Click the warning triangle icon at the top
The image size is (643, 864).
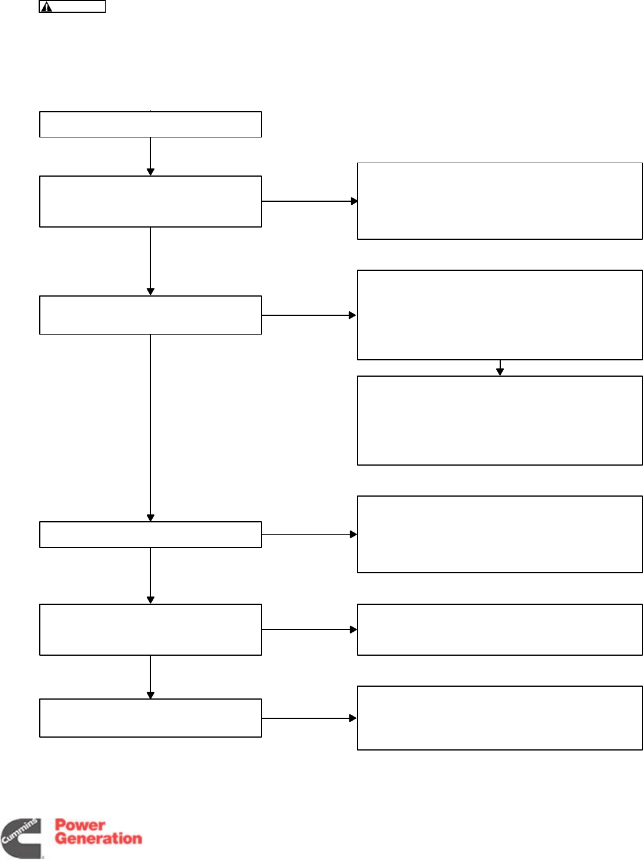pos(47,7)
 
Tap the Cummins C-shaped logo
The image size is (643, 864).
pos(22,838)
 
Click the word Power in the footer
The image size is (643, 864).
pos(80,825)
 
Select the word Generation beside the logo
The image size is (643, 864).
pos(98,838)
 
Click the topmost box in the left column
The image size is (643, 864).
pos(150,124)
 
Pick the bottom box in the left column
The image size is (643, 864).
pos(150,718)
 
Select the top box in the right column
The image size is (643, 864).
pos(500,201)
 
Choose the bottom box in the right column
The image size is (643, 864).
pos(500,718)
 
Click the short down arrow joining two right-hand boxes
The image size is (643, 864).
pos(500,368)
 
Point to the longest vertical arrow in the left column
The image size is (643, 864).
pos(150,427)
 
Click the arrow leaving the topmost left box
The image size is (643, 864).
pos(150,156)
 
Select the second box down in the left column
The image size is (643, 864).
pos(150,201)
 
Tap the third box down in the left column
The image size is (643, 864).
pos(150,315)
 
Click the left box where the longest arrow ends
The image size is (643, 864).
pos(150,534)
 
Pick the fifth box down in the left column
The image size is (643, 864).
pos(150,629)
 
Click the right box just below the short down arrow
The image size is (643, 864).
pos(500,421)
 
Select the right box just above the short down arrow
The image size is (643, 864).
pos(500,315)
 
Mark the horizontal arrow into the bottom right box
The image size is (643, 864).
pos(309,718)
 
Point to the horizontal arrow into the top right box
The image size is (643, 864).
pos(309,201)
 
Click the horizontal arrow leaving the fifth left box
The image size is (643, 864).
pos(309,629)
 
